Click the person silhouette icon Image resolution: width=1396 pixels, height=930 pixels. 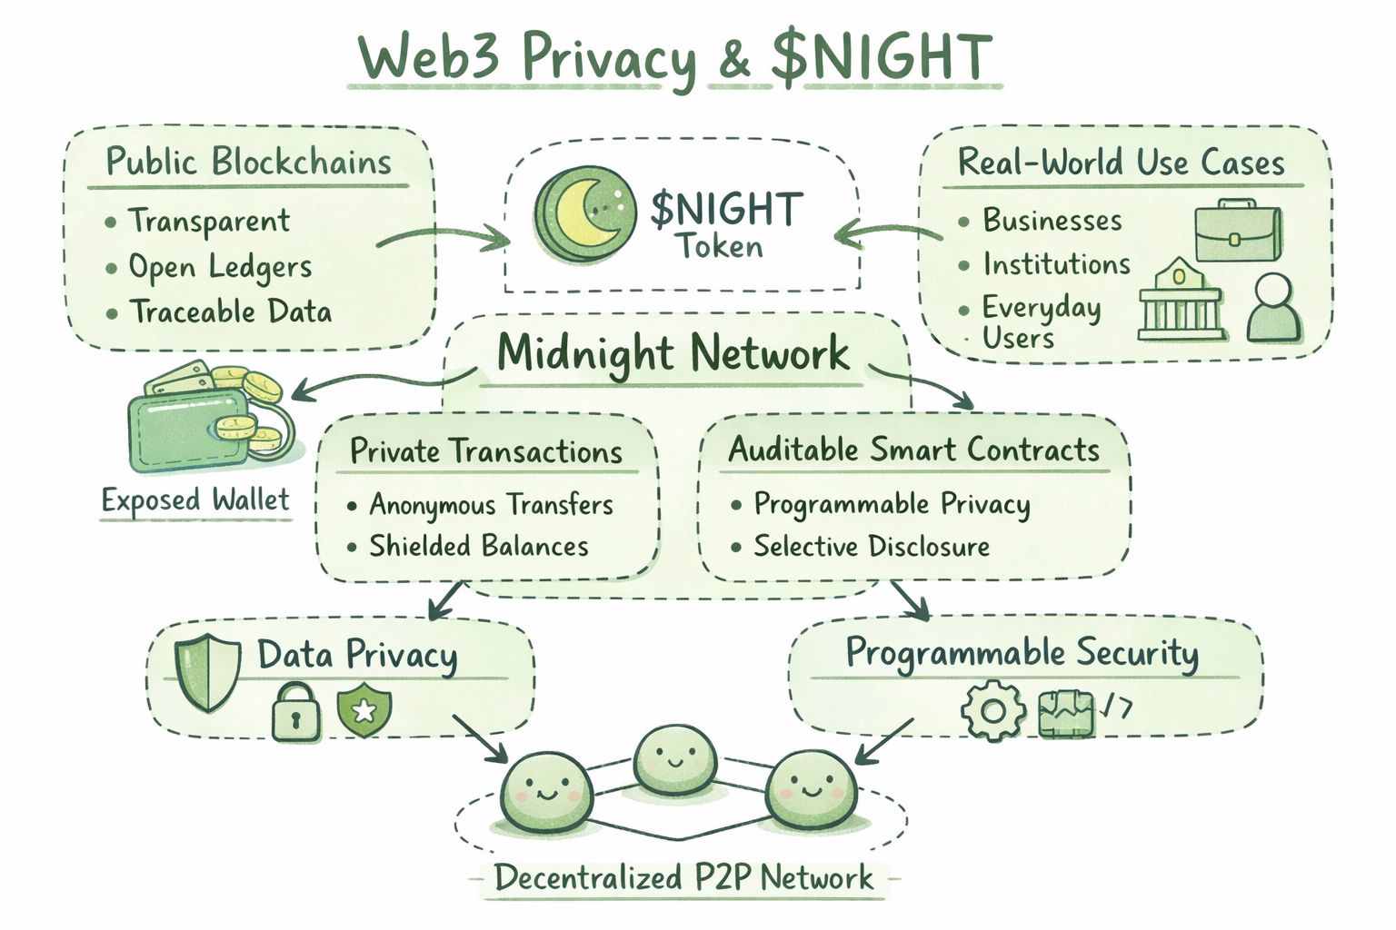(1273, 309)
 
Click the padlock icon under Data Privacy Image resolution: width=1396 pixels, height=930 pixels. (296, 713)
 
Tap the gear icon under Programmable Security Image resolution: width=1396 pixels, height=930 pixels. (992, 709)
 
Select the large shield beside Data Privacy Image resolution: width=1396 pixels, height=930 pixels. (207, 671)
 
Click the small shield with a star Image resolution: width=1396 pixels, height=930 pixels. (364, 710)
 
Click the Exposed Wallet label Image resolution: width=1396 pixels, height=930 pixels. (195, 500)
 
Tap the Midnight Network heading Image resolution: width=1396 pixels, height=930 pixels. (673, 353)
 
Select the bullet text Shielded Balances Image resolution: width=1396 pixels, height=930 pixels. (478, 546)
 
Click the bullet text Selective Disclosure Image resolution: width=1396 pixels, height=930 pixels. (871, 546)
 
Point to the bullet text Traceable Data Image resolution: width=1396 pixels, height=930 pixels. (230, 312)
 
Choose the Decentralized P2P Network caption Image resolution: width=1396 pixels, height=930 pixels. (683, 877)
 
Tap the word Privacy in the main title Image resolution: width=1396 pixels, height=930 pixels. (608, 58)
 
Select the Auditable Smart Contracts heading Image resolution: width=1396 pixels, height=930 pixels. (913, 450)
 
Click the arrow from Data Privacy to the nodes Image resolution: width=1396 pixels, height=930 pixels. (481, 737)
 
